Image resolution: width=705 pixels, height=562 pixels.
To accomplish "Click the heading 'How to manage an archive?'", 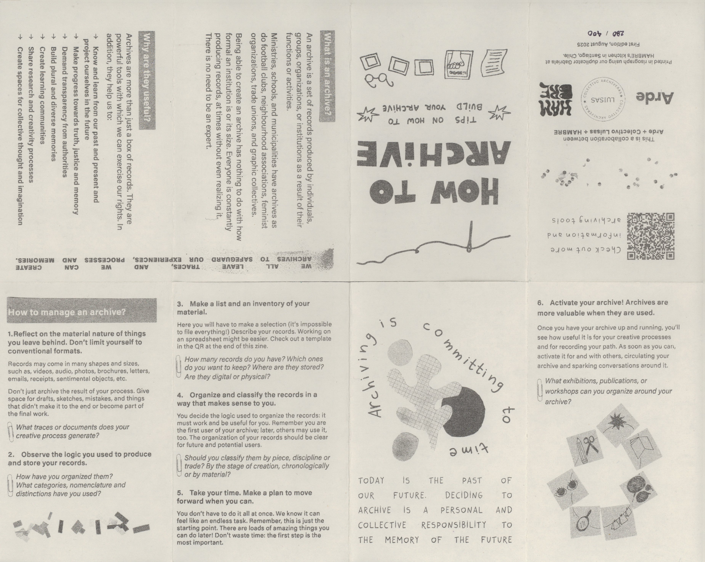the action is tap(67, 312).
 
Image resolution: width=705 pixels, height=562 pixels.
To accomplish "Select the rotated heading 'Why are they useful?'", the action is tap(147, 80).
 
